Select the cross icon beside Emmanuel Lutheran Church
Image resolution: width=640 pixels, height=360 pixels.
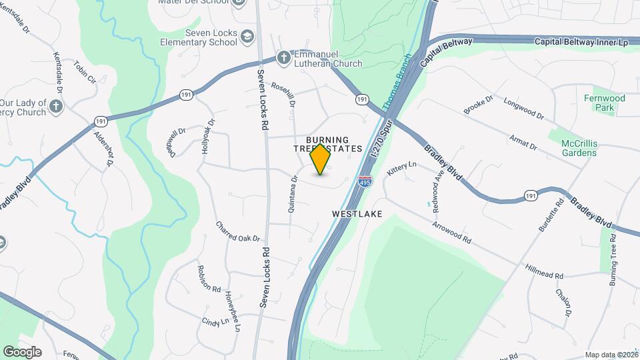(x=284, y=58)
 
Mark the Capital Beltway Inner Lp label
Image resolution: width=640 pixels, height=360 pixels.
(x=581, y=42)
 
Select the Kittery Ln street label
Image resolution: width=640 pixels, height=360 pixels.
(x=401, y=167)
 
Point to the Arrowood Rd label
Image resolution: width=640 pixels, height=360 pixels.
(x=451, y=231)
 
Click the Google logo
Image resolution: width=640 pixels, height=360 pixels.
(x=22, y=352)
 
